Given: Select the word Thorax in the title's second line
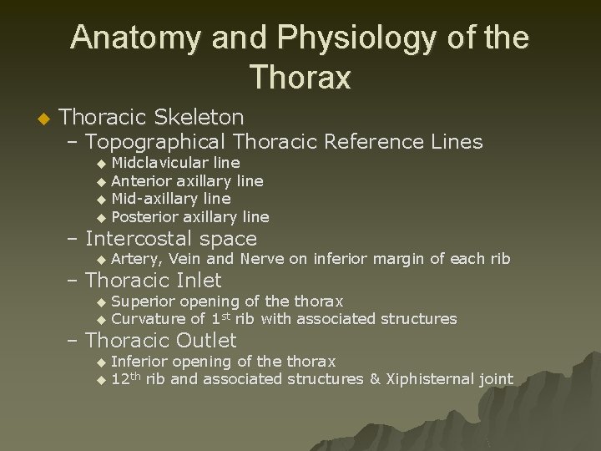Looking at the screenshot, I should click(300, 78).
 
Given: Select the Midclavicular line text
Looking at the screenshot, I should click(175, 162).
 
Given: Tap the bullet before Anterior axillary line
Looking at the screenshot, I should click(101, 181).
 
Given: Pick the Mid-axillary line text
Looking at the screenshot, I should click(170, 199).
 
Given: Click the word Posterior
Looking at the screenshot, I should click(144, 217).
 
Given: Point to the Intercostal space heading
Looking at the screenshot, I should click(171, 239).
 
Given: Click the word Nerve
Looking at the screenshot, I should click(262, 259).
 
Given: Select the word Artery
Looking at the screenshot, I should click(136, 259).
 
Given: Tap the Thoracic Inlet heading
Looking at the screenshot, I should click(154, 281).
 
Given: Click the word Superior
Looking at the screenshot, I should click(141, 301).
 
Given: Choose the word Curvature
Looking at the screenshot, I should click(148, 318).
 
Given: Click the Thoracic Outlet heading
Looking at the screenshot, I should click(161, 340).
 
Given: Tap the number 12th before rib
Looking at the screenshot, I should click(126, 379).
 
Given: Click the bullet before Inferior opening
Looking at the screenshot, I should click(101, 362).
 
